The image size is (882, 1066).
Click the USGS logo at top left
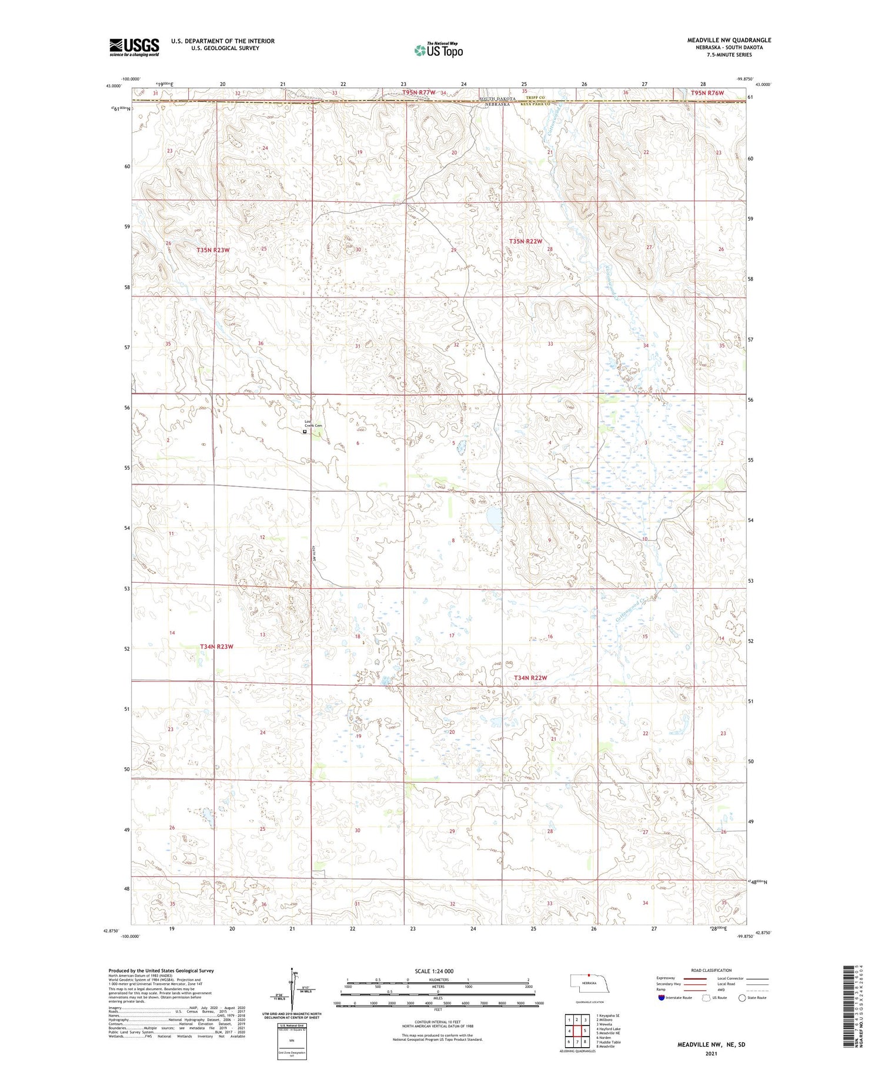tap(134, 47)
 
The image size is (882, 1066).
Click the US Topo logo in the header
tap(438, 51)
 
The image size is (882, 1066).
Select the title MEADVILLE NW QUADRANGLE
tap(729, 40)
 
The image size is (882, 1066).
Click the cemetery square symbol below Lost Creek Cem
tap(305, 432)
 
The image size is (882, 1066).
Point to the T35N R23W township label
tap(213, 250)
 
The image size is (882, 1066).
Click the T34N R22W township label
tap(530, 678)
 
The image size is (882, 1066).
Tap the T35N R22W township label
tap(525, 242)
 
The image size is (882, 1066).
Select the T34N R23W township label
tap(216, 647)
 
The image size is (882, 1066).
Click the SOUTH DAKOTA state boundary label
tap(497, 98)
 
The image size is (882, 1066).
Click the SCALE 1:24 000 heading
tap(434, 971)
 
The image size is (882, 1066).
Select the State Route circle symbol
tap(742, 998)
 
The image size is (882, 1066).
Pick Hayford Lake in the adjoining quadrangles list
tap(609, 1029)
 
